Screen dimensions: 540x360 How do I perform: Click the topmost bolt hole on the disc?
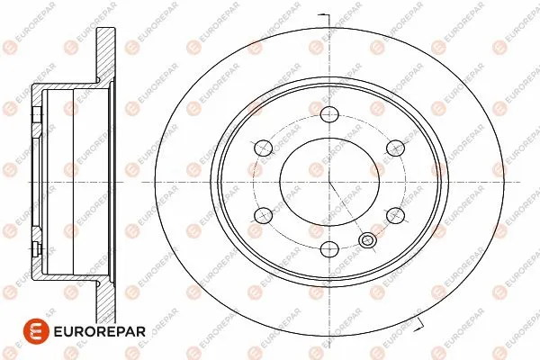coord(329,114)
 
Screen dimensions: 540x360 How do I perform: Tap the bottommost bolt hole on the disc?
coord(329,249)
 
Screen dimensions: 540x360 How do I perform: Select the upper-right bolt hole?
coord(395,148)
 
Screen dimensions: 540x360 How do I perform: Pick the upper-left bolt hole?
coord(263,148)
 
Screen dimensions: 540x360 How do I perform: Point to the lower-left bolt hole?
coord(263,216)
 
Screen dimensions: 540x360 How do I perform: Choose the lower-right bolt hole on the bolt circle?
coord(395,216)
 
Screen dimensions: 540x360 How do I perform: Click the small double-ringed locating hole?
coord(367,240)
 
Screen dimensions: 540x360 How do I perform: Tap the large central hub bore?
coord(329,182)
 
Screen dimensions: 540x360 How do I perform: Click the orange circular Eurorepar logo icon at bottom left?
coord(36,331)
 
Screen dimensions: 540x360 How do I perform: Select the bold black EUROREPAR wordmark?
coord(100,332)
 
